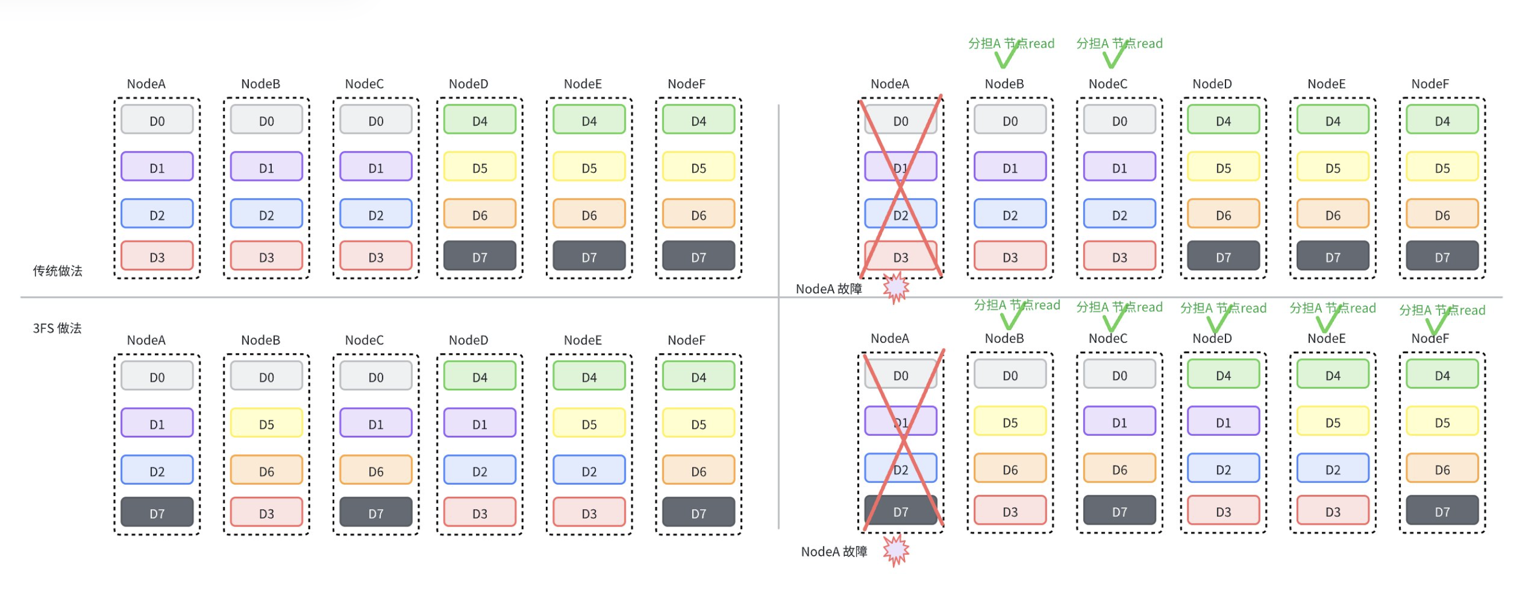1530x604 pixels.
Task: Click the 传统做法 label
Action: [x=57, y=271]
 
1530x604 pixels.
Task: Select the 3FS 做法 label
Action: [x=57, y=328]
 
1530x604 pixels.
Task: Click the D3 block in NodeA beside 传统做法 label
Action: [x=157, y=257]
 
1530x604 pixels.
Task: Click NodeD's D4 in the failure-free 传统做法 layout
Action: [x=479, y=121]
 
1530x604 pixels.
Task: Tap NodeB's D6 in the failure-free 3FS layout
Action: [x=266, y=471]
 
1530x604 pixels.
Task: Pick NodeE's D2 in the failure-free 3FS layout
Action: [x=588, y=471]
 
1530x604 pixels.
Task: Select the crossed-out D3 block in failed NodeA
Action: [x=900, y=257]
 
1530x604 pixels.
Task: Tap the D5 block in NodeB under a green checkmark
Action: [x=1010, y=422]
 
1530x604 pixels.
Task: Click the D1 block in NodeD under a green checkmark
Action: [x=1223, y=422]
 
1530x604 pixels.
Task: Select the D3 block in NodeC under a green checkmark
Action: [x=1119, y=257]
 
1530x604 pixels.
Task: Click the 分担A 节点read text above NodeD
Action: [x=1223, y=308]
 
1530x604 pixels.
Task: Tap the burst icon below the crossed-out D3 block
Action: [x=896, y=288]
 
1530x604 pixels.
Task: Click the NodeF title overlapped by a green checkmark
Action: [x=1430, y=338]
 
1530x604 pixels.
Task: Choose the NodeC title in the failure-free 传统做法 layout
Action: [x=364, y=84]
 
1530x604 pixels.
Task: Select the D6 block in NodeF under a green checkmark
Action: [x=1442, y=470]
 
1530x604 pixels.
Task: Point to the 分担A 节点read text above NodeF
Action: [x=1442, y=310]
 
